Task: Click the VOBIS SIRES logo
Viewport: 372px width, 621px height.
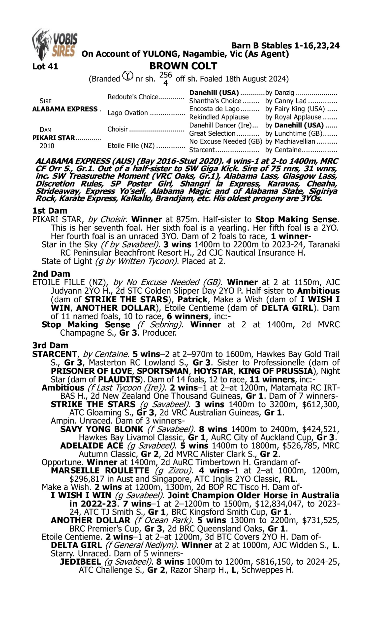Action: click(55, 45)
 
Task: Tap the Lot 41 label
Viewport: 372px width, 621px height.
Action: click(45, 67)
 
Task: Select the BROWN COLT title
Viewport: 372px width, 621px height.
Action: click(183, 66)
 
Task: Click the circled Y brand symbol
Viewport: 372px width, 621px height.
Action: click(127, 76)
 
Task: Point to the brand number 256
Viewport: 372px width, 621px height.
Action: click(166, 75)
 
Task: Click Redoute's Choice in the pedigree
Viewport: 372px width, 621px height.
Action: click(133, 97)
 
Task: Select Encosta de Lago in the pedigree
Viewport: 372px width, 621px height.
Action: click(214, 109)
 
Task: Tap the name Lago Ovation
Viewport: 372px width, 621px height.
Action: click(127, 113)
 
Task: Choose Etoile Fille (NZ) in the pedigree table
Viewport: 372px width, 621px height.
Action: click(131, 146)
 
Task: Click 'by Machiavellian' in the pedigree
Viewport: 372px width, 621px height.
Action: click(290, 142)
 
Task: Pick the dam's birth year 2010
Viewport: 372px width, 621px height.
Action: click(47, 146)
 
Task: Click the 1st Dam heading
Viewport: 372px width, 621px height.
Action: click(50, 211)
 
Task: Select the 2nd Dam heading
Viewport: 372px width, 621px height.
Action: click(51, 273)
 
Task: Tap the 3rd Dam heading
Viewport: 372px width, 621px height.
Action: click(50, 345)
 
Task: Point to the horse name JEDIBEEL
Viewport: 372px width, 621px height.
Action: click(80, 562)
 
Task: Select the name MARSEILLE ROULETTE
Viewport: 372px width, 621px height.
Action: click(100, 470)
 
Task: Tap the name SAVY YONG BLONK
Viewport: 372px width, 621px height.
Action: click(101, 429)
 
